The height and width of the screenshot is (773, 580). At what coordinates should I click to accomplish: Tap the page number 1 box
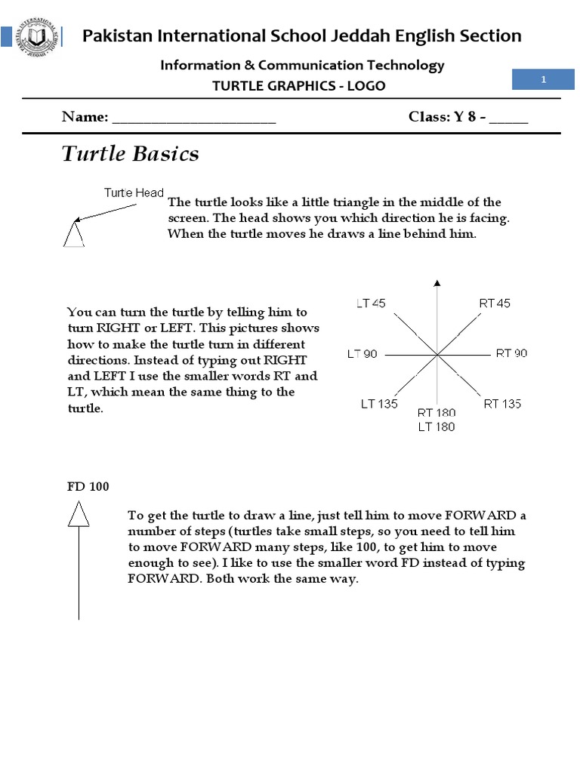(542, 80)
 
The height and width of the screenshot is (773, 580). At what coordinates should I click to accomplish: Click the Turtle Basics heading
(130, 154)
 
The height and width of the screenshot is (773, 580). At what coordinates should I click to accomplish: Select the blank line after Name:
(194, 119)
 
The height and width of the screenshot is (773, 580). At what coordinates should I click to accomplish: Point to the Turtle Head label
(134, 193)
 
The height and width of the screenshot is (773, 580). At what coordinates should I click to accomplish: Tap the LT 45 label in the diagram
(371, 303)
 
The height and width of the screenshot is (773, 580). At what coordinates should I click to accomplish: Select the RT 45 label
(495, 303)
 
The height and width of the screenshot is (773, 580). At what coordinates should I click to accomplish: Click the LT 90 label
(362, 353)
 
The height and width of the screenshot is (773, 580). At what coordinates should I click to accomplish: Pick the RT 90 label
(511, 353)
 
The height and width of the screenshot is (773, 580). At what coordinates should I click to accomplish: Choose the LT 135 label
(379, 404)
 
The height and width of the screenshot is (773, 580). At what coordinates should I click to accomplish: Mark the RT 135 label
(502, 404)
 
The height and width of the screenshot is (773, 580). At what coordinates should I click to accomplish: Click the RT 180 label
(437, 414)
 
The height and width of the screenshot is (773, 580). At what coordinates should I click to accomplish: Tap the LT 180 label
(437, 427)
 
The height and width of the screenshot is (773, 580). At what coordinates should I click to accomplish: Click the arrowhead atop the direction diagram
(437, 284)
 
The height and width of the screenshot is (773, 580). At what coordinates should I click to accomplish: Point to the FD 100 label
(88, 487)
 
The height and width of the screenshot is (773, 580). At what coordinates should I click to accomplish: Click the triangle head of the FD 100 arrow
(79, 516)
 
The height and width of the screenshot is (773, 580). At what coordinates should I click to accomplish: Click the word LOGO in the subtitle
(366, 85)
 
